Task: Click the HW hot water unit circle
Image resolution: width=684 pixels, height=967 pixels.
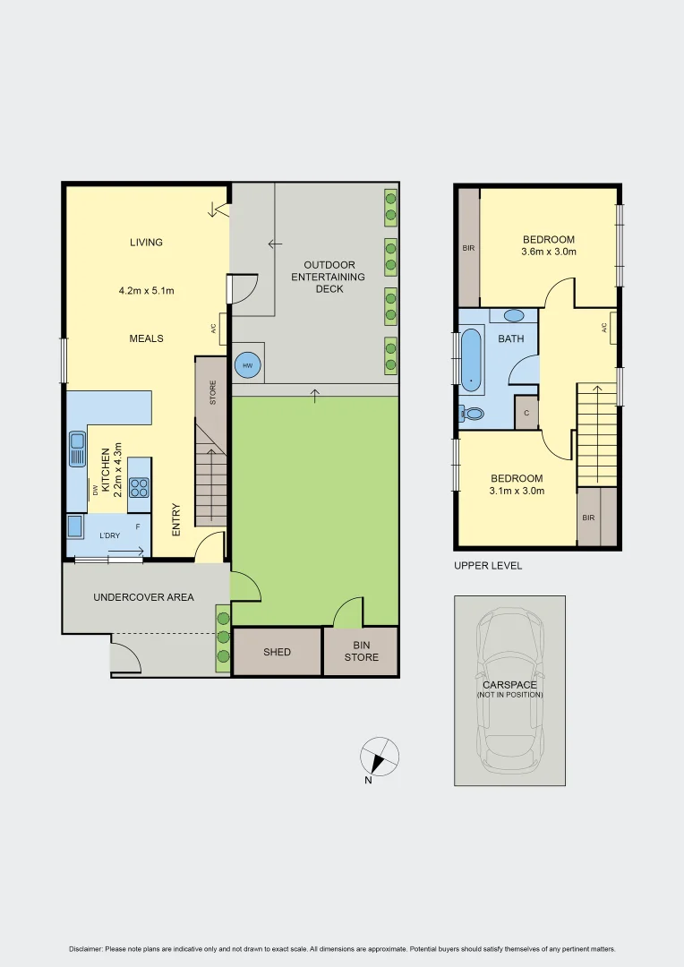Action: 246,364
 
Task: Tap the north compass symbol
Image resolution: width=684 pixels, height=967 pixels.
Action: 380,757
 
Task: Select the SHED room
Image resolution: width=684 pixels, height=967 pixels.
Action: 277,652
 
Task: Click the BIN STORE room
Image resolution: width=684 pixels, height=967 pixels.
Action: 362,651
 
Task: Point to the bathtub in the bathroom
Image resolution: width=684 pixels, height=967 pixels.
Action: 472,361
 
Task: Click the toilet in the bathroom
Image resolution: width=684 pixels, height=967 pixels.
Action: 472,414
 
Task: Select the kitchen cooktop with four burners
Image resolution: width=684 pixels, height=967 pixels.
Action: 139,487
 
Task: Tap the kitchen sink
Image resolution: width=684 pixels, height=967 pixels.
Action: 78,449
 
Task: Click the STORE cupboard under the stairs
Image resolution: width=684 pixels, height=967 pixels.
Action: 211,390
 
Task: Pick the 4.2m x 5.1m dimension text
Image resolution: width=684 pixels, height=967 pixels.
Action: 146,291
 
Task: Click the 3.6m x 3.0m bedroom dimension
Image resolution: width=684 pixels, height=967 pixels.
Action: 549,252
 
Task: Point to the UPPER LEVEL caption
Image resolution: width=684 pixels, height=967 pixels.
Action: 488,566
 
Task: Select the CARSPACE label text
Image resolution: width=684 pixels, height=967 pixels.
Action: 509,685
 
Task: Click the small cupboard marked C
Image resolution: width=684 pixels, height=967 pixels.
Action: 526,413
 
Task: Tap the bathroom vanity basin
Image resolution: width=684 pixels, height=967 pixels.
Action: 514,315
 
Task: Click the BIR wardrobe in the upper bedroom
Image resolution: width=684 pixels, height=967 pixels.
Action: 468,248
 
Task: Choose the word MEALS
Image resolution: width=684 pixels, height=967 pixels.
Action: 146,338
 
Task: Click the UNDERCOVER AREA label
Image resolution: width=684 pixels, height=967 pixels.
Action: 143,597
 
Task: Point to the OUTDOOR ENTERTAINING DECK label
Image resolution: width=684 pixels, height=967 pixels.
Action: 329,277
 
